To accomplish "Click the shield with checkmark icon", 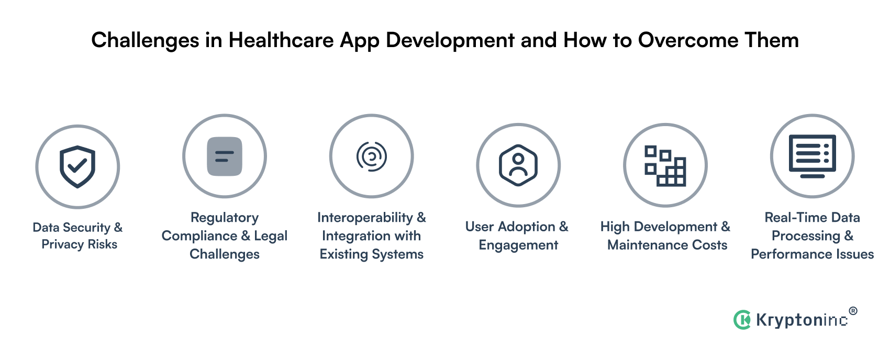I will [77, 166].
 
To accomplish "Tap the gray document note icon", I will [225, 156].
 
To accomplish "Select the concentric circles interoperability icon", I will [371, 156].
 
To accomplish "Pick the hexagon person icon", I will [518, 165].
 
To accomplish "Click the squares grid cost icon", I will [665, 165].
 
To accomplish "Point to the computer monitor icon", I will [812, 156].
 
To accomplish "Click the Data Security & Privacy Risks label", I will [78, 235].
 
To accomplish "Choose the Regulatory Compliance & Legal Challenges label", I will [225, 235].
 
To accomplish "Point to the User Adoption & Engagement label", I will [517, 235].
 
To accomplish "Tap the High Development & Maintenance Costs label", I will [665, 235].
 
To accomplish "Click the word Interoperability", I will [365, 218].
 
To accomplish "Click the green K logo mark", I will [742, 319].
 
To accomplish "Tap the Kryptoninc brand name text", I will [801, 320].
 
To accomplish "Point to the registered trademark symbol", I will [853, 311].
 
